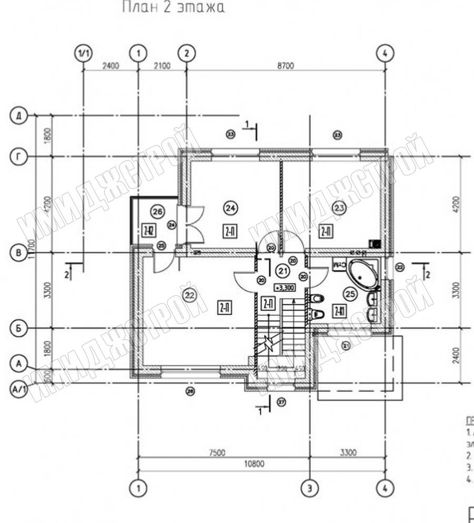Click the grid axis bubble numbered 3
point(310,487)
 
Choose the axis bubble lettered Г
point(19,156)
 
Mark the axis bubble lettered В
point(19,253)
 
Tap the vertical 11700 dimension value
point(33,248)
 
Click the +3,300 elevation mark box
point(284,288)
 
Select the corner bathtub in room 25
point(362,273)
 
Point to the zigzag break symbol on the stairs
point(270,343)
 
